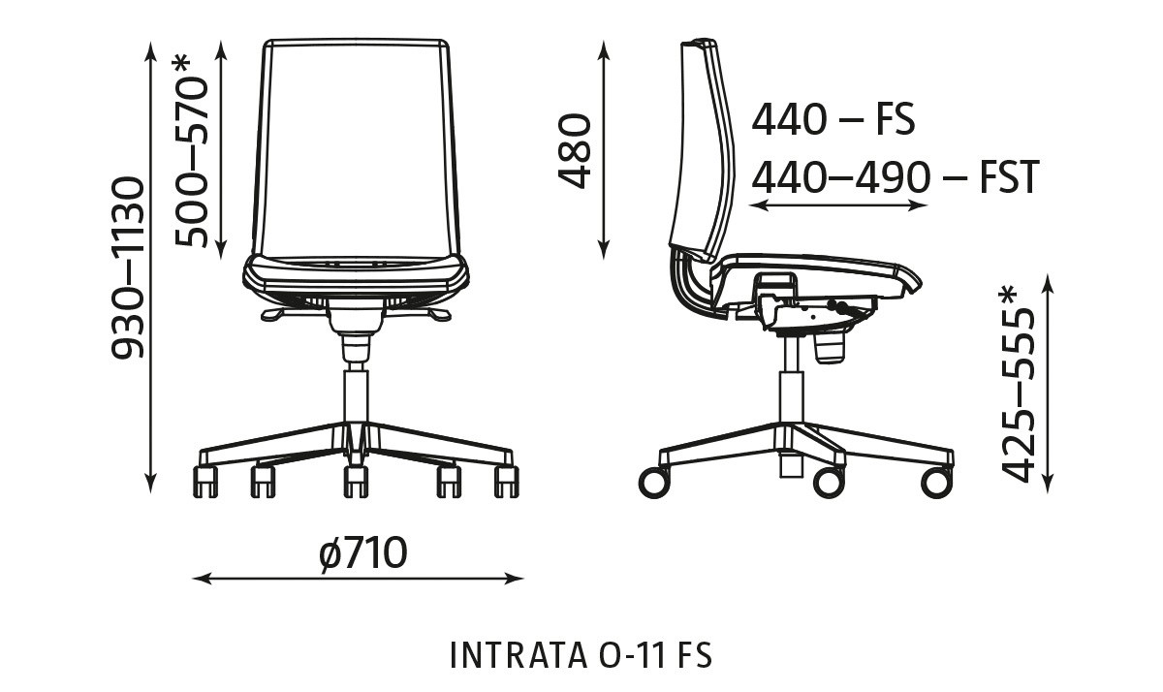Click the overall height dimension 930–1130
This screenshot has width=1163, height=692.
click(128, 267)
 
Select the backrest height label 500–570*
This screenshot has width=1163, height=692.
click(192, 151)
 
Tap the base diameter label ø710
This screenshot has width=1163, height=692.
click(362, 554)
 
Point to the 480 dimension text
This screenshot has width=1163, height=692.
click(575, 150)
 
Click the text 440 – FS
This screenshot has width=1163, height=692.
click(833, 121)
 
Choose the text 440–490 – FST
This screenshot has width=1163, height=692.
click(895, 178)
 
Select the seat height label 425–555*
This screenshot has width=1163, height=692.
click(1020, 384)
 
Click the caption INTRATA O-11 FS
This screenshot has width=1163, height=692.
click(581, 655)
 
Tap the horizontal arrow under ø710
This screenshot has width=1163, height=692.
click(359, 580)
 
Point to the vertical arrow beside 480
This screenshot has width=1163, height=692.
click(605, 150)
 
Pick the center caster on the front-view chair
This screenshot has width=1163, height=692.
click(356, 481)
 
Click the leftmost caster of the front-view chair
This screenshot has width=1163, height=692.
click(206, 482)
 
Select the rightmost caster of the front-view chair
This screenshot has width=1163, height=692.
click(506, 482)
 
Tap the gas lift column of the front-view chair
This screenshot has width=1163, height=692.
click(356, 393)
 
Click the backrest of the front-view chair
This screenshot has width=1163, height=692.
click(356, 145)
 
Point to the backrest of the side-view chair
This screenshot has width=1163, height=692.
click(702, 145)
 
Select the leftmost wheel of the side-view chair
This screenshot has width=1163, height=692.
click(654, 482)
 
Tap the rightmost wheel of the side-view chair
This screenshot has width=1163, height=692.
click(936, 482)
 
